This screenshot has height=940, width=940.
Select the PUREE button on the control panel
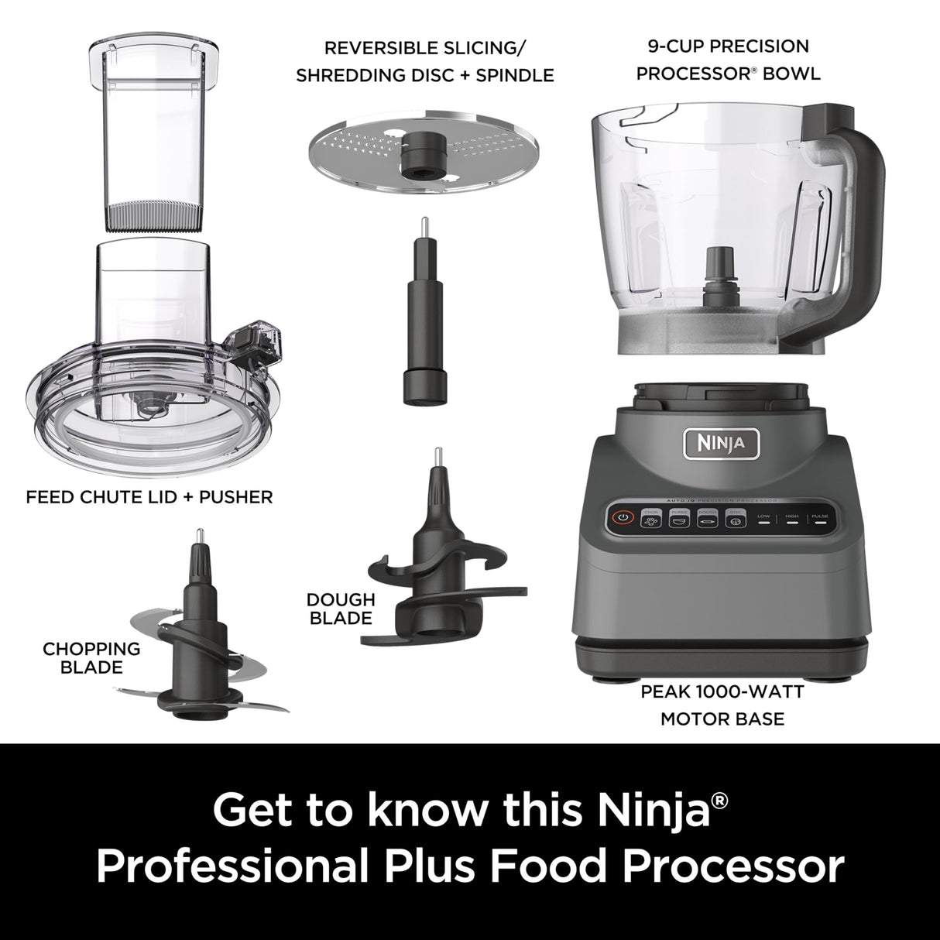pos(678,519)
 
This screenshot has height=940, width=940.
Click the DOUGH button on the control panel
pos(706,519)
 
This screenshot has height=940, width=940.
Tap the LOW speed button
pos(763,520)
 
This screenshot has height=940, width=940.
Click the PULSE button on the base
pos(819,520)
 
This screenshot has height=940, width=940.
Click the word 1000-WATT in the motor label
pos(753,691)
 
